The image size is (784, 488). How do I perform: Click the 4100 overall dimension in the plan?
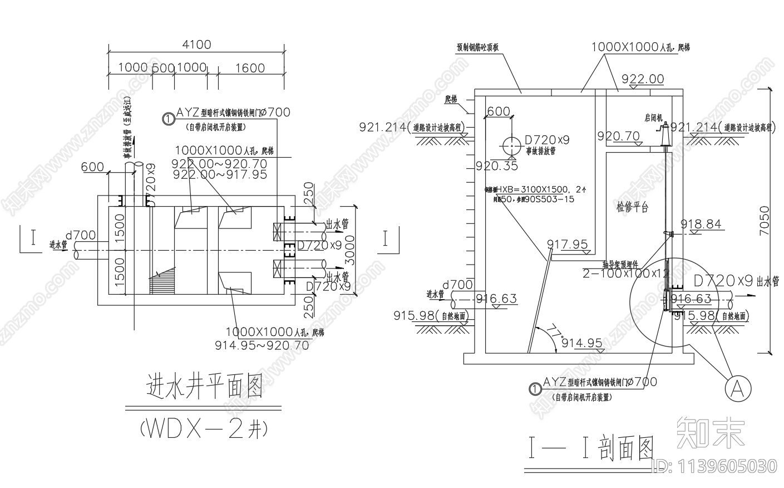pos(197,45)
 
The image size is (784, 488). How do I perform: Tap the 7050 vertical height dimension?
pos(765,221)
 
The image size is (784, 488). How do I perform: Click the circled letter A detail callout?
pos(737,386)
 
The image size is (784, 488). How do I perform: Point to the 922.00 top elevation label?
pos(643,79)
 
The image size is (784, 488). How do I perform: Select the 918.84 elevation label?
pos(701,224)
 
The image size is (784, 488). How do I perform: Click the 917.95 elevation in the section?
pos(567,244)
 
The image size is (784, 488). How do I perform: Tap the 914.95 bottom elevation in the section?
pos(581,343)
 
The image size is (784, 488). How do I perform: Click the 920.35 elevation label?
pos(496,166)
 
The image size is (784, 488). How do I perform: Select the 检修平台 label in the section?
pos(632,207)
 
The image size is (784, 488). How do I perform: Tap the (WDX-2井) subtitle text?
pos(204,429)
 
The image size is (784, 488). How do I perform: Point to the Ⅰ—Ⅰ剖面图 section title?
pos(591,449)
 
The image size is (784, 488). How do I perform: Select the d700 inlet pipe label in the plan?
pos(80,236)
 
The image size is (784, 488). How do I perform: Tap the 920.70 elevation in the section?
pos(618,135)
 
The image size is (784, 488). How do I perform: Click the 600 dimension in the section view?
pos(498,111)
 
